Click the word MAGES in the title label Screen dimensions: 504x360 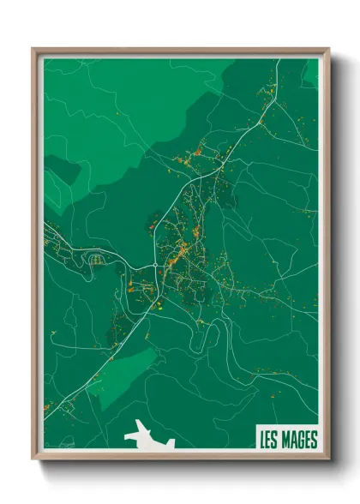tap(297, 440)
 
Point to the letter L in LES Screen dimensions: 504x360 tap(262, 440)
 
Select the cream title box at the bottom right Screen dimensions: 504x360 tap(286, 439)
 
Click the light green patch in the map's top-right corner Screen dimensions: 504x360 tap(310, 72)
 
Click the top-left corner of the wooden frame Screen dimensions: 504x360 tap(33, 49)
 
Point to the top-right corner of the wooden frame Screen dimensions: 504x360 tap(328, 49)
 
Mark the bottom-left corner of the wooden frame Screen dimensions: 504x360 tap(33, 459)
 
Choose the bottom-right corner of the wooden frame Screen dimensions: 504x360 tap(328, 459)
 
